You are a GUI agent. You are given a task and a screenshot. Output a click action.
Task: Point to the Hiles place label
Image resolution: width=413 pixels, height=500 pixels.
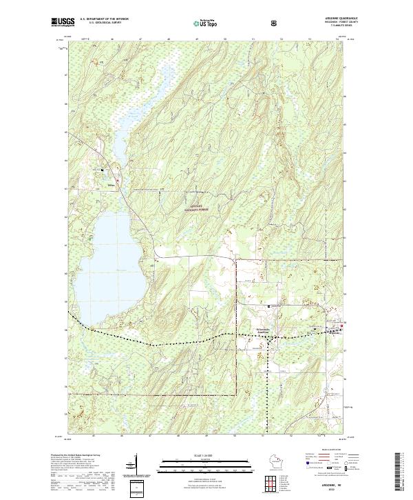pos(110,184)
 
